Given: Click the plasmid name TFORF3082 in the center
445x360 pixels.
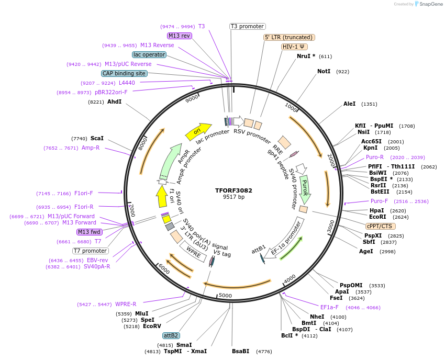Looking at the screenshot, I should (x=230, y=190).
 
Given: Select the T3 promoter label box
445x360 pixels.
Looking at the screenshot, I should (x=248, y=26).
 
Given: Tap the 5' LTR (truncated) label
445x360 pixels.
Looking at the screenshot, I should (x=288, y=37).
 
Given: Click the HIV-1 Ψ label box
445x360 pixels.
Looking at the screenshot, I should (x=294, y=47).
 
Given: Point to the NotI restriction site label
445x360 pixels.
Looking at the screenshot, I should (x=324, y=71).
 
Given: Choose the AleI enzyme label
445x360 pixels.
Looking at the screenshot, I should (x=349, y=104).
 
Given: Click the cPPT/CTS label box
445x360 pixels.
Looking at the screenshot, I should (x=381, y=226).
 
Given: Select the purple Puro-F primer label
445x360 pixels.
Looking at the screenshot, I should (x=380, y=201).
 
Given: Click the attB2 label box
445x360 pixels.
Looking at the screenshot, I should (x=171, y=335).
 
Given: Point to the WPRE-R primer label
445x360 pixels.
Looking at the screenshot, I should (x=126, y=304).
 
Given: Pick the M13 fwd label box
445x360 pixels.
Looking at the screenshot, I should (x=89, y=232).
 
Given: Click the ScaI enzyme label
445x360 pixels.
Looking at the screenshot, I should (x=97, y=138).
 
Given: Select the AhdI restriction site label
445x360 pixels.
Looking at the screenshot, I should (x=114, y=102).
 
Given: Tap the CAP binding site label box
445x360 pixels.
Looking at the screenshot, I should (x=124, y=74).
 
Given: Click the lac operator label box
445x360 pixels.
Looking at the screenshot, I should (x=149, y=54).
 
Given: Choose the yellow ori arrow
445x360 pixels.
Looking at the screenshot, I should (x=198, y=131).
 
